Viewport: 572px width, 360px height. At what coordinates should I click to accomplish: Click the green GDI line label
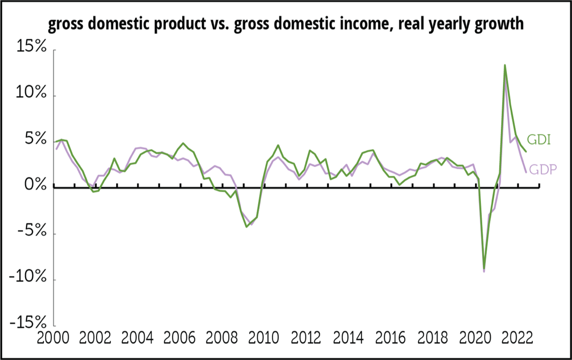pos(539,140)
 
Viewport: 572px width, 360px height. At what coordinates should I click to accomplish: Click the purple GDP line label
pos(543,170)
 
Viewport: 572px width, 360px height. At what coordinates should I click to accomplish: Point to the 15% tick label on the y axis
pos(31,46)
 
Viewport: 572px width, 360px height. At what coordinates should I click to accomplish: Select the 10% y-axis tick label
pos(31,92)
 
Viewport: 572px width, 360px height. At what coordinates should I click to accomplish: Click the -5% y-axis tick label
pos(32,231)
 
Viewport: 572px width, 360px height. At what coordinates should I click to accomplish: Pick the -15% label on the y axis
pos(28,323)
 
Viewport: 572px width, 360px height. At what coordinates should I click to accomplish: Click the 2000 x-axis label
pos(53,338)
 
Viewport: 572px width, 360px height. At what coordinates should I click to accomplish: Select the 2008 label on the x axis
pos(221,338)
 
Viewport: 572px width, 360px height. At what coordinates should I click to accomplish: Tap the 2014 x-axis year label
pos(348,338)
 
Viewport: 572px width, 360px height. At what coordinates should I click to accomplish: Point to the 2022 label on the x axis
pos(517,338)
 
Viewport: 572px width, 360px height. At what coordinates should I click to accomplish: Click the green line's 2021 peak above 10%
pos(505,65)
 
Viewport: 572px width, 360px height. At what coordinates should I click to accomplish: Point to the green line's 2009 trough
pos(247,227)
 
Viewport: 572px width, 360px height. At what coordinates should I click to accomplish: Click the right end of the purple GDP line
pos(526,172)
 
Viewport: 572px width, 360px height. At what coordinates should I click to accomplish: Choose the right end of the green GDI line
pos(526,152)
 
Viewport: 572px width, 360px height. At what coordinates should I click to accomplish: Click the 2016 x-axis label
pos(390,338)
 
